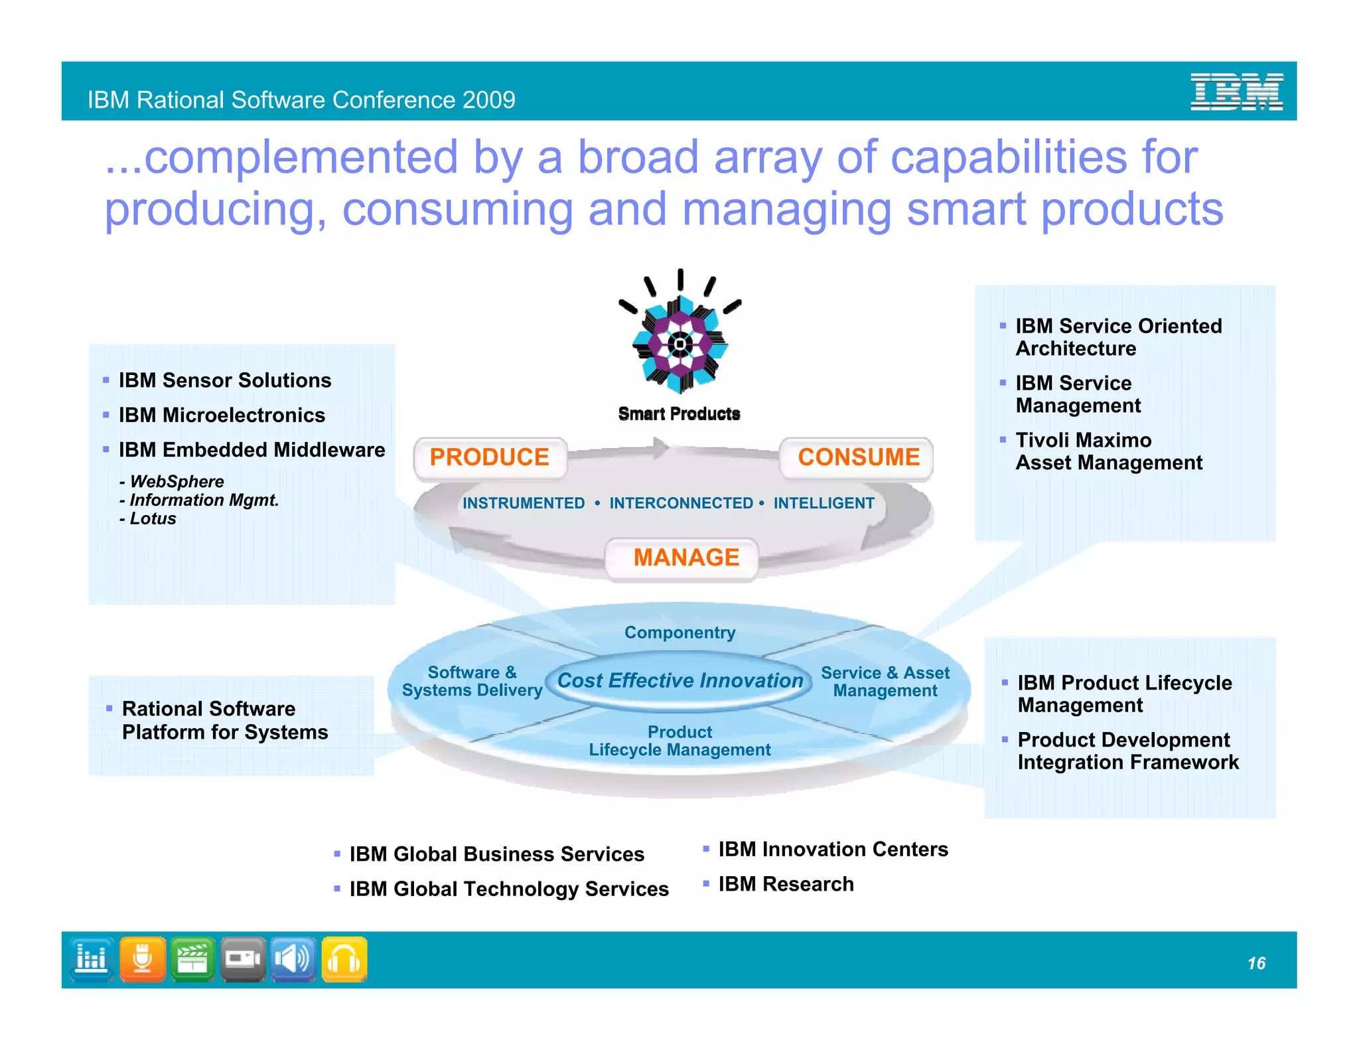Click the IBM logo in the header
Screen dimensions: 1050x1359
[x=1236, y=92]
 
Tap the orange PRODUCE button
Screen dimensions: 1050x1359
[x=490, y=457]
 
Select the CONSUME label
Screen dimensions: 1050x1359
[x=858, y=457]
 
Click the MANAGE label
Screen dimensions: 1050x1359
[x=685, y=558]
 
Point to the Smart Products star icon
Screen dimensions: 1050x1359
[x=679, y=344]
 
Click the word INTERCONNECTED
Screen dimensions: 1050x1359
[x=681, y=503]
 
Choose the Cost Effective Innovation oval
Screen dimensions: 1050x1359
[x=679, y=680]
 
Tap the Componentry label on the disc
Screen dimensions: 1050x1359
[x=679, y=633]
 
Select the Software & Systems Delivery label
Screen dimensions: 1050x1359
[x=472, y=682]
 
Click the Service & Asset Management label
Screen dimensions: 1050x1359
[x=885, y=682]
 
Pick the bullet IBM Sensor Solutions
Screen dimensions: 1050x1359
[x=224, y=380]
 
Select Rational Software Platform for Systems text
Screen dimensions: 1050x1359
[x=224, y=721]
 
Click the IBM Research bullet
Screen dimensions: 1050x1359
[x=786, y=884]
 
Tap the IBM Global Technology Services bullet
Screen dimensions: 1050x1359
[x=508, y=889]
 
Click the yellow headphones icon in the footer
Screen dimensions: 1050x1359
[x=344, y=960]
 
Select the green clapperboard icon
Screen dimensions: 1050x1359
[x=192, y=960]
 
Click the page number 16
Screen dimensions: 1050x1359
[x=1255, y=963]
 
